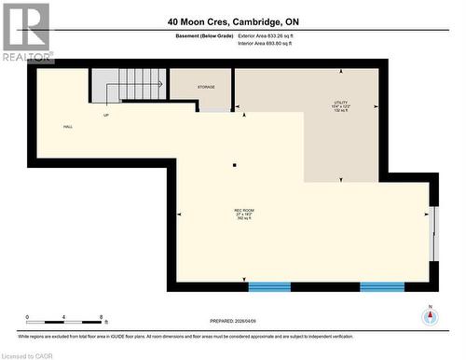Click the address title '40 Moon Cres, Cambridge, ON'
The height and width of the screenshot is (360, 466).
tap(234, 21)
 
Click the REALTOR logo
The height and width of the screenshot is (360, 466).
tap(26, 33)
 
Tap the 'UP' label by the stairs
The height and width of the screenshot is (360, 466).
tap(106, 116)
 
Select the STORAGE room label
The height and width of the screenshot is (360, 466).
tap(206, 87)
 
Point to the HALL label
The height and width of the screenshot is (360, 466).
tap(68, 127)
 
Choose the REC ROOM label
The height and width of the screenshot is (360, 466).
tap(243, 214)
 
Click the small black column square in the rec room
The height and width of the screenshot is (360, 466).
tap(235, 166)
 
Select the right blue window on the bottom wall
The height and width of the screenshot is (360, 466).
tap(381, 285)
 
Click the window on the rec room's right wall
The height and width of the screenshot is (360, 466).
tap(433, 232)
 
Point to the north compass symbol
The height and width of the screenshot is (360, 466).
tap(430, 315)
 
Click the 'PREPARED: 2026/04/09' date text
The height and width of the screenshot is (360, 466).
tap(229, 319)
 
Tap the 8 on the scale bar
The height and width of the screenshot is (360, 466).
tap(100, 317)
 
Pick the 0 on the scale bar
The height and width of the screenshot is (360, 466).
tap(27, 317)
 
